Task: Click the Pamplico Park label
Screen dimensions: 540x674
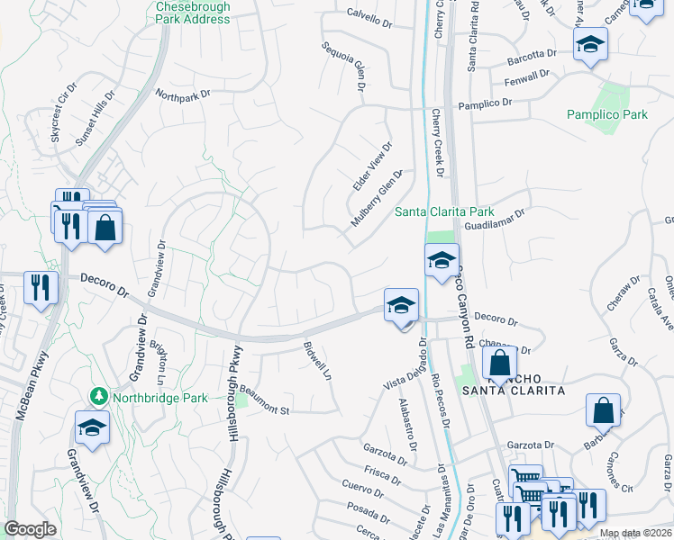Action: (607, 114)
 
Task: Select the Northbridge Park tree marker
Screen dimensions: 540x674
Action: (98, 397)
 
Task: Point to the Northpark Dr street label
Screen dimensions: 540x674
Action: (182, 93)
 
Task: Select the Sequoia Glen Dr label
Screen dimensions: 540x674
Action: (342, 66)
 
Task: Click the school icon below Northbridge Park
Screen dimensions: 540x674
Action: (92, 428)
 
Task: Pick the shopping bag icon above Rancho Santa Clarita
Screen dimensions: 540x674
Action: (499, 363)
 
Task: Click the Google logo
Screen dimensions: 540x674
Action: (30, 529)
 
